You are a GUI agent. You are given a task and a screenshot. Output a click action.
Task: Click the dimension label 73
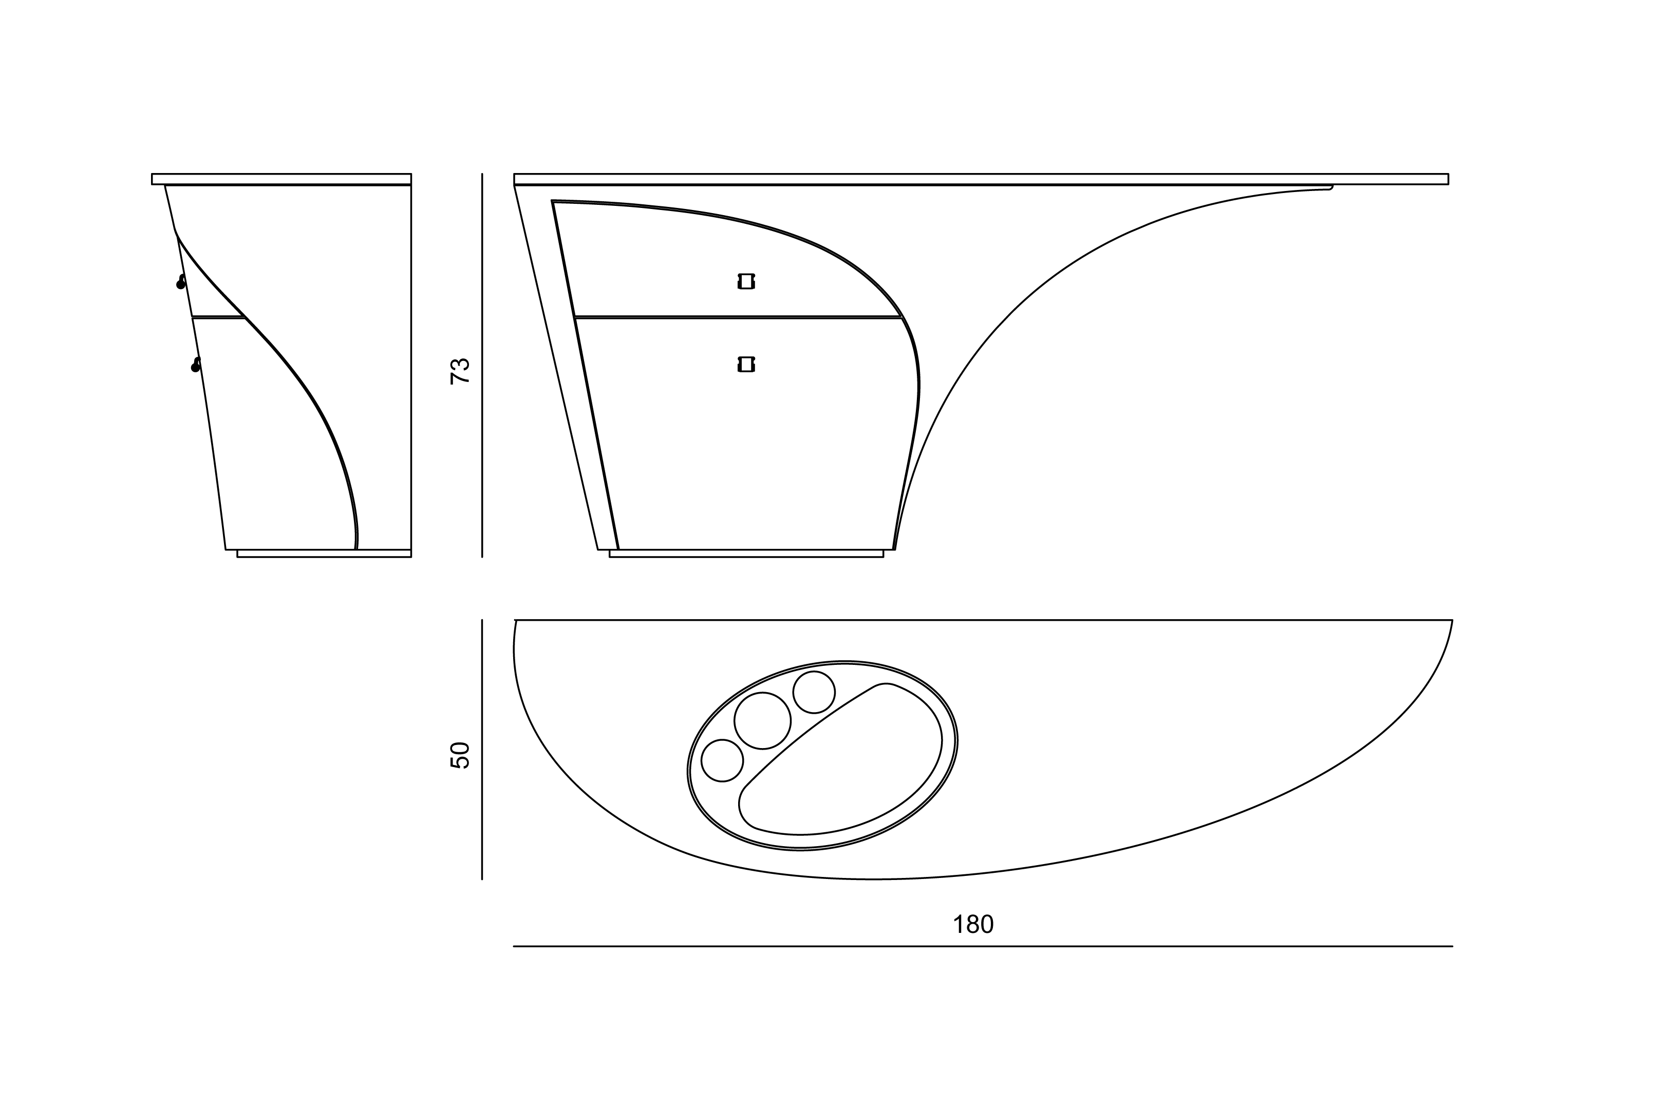pos(460,371)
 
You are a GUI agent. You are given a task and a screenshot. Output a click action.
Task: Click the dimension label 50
pos(460,755)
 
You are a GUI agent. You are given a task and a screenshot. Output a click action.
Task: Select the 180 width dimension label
pos(973,924)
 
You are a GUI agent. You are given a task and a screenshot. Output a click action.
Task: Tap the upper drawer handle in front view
pos(746,281)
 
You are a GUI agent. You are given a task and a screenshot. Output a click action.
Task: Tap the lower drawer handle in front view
pos(746,364)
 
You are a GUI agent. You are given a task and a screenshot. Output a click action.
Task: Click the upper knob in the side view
pos(181,282)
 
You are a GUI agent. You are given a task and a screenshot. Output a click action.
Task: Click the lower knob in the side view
pos(196,365)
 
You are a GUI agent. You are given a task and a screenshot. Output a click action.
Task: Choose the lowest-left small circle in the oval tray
pos(722,760)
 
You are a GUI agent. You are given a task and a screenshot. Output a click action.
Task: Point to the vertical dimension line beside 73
pos(482,365)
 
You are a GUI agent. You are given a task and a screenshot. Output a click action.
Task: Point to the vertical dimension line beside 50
pos(482,750)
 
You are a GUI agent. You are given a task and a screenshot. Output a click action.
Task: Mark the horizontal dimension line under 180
pos(983,946)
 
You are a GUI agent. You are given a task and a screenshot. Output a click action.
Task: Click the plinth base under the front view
pos(746,554)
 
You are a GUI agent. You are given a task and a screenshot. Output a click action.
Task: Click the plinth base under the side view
pos(324,554)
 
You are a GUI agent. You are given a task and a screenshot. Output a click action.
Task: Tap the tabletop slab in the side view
pos(281,179)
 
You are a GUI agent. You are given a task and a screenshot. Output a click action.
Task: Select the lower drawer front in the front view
pos(743,431)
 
